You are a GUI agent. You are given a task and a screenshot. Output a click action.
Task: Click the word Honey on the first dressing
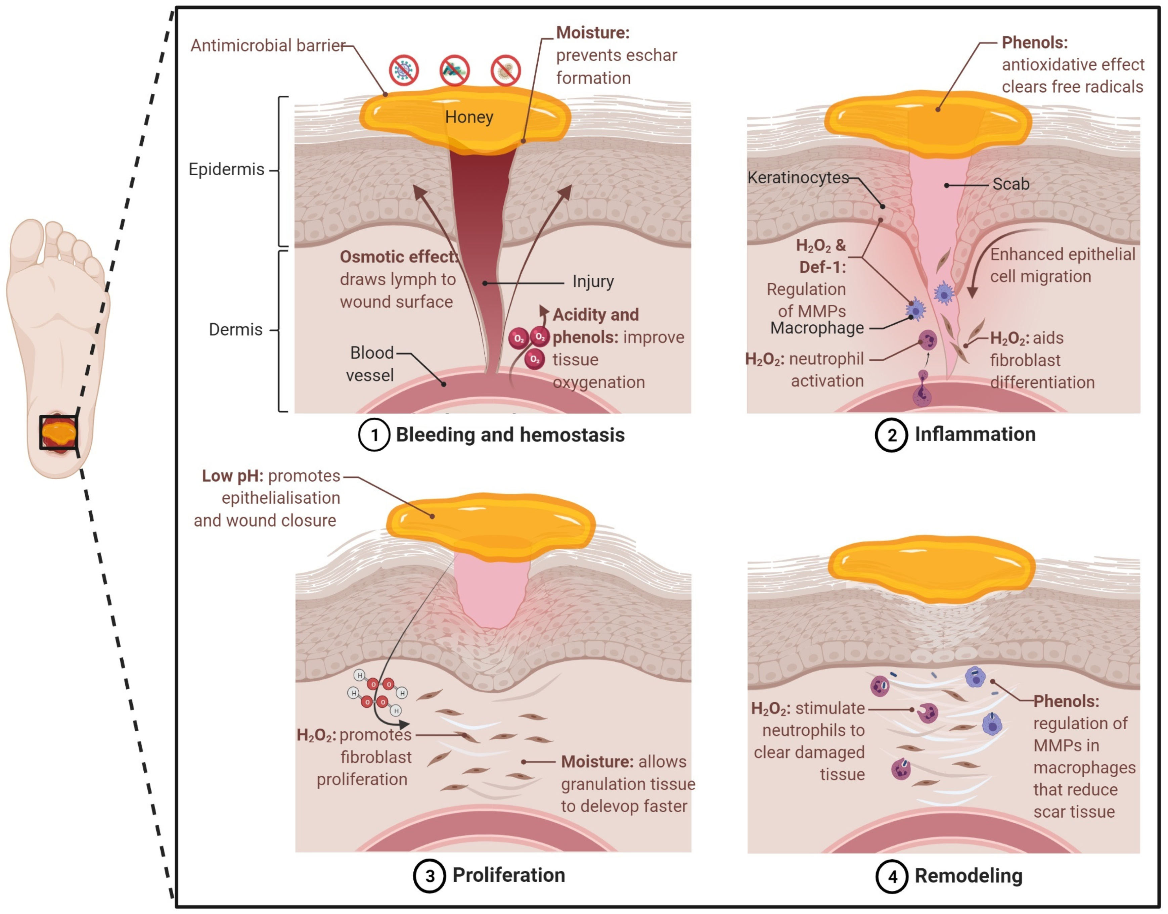tap(469, 117)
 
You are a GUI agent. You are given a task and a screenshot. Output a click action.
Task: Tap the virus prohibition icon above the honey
tap(403, 70)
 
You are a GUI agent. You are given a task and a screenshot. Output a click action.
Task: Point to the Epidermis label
tap(226, 170)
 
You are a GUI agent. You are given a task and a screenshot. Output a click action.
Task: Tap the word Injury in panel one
tap(593, 281)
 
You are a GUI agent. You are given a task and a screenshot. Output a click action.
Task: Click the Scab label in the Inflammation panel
tap(1011, 184)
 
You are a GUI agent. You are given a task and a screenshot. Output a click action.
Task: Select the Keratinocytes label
tap(798, 177)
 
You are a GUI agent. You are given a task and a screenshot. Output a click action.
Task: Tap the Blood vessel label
tap(371, 364)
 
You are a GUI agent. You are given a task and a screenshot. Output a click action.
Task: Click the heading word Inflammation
tap(975, 434)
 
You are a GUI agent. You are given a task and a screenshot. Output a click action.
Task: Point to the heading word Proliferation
tap(508, 875)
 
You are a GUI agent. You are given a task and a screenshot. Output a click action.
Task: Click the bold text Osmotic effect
tap(399, 257)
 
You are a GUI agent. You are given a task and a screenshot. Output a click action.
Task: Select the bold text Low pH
tap(232, 476)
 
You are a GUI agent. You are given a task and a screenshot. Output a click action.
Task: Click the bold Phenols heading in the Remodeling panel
tap(1066, 701)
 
